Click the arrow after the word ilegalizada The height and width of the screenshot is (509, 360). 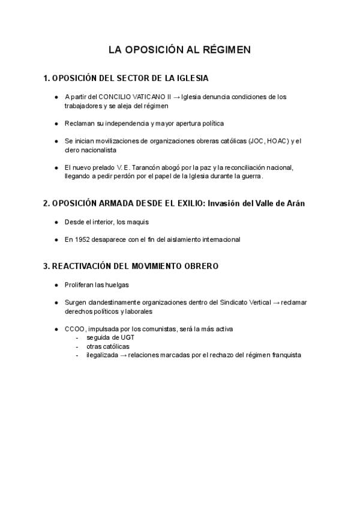point(123,355)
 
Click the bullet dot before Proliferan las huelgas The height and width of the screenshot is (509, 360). point(56,284)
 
